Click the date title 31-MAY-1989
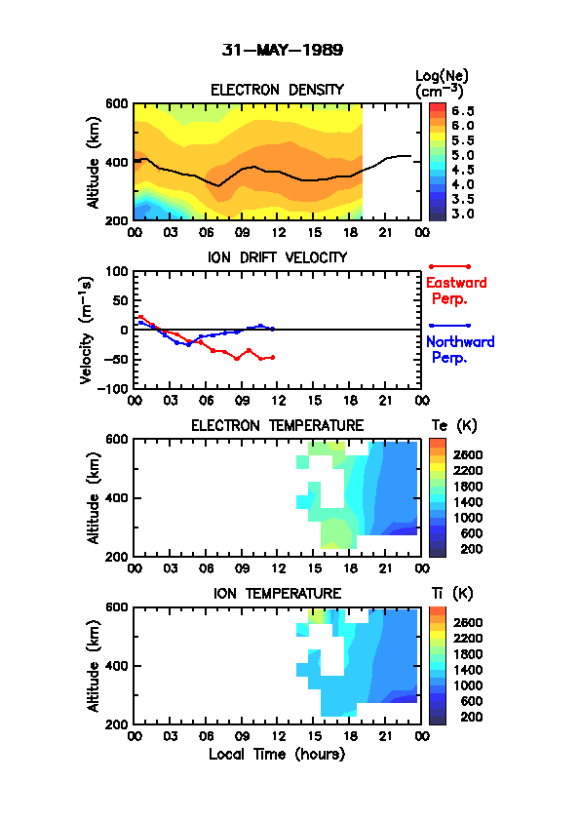pyautogui.click(x=282, y=50)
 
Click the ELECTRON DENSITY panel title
pyautogui.click(x=277, y=90)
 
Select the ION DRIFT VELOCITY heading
pyautogui.click(x=277, y=257)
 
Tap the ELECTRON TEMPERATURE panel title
pyautogui.click(x=277, y=426)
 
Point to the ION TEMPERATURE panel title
pyautogui.click(x=277, y=593)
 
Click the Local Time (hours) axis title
pyautogui.click(x=277, y=755)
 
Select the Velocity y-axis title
pyautogui.click(x=87, y=331)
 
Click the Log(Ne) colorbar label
pyautogui.click(x=442, y=84)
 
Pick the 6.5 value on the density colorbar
pyautogui.click(x=463, y=111)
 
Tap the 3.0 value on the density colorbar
pyautogui.click(x=463, y=214)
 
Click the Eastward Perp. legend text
pyautogui.click(x=456, y=291)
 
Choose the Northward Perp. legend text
pyautogui.click(x=460, y=349)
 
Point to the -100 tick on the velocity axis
pyautogui.click(x=115, y=388)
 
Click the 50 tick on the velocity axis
pyautogui.click(x=121, y=300)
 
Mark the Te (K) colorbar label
pyautogui.click(x=454, y=426)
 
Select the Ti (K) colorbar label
pyautogui.click(x=452, y=593)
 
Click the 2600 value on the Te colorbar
pyautogui.click(x=468, y=455)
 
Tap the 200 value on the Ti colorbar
pyautogui.click(x=471, y=717)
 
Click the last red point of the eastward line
pyautogui.click(x=273, y=358)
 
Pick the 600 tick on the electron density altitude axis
pyautogui.click(x=117, y=103)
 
